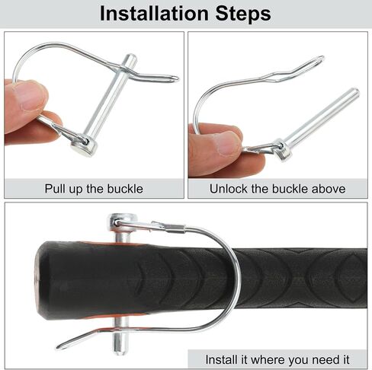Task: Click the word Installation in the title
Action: [154, 14]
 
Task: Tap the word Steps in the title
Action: [243, 14]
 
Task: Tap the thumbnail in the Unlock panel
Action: [228, 142]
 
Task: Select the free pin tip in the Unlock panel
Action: [355, 91]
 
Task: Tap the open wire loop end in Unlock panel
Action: [322, 59]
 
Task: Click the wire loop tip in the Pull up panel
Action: [176, 78]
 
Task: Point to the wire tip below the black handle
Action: [60, 346]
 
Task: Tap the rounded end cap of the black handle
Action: [42, 280]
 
